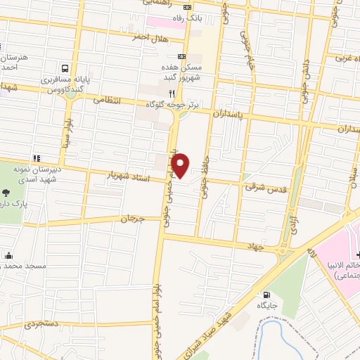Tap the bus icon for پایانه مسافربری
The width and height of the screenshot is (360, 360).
(65, 69)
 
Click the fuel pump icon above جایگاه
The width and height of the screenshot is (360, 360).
(266, 295)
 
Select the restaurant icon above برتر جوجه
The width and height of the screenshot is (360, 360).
(172, 92)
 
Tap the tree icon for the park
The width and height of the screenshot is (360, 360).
(7, 193)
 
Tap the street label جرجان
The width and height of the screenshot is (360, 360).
(131, 219)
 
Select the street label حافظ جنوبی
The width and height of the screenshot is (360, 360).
(207, 162)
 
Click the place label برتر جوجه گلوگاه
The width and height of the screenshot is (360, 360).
(174, 104)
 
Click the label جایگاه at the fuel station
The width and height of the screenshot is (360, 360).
(266, 305)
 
